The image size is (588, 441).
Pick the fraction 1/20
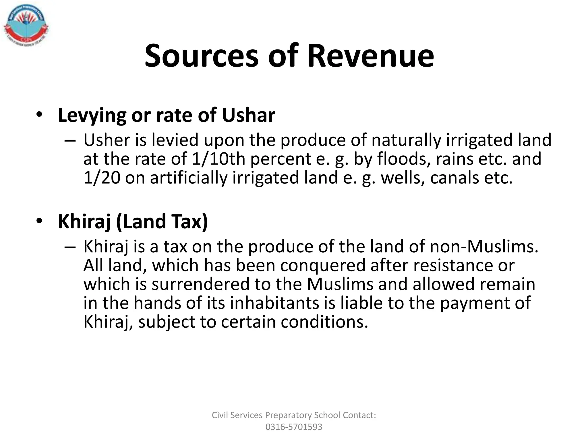(x=102, y=177)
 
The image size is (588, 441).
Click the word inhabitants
(x=274, y=303)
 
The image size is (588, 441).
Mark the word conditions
(x=324, y=322)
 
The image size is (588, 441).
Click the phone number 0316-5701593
(x=294, y=427)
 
